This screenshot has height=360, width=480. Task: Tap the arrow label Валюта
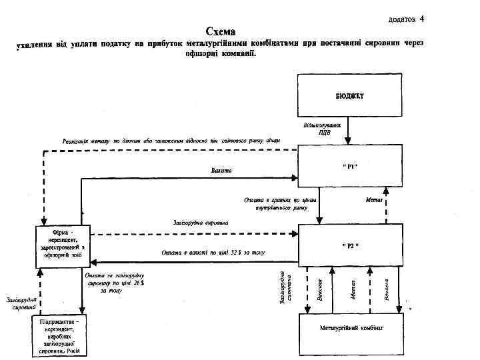221,171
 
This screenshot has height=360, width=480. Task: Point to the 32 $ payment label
213,253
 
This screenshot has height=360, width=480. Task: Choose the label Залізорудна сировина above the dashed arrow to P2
200,222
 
